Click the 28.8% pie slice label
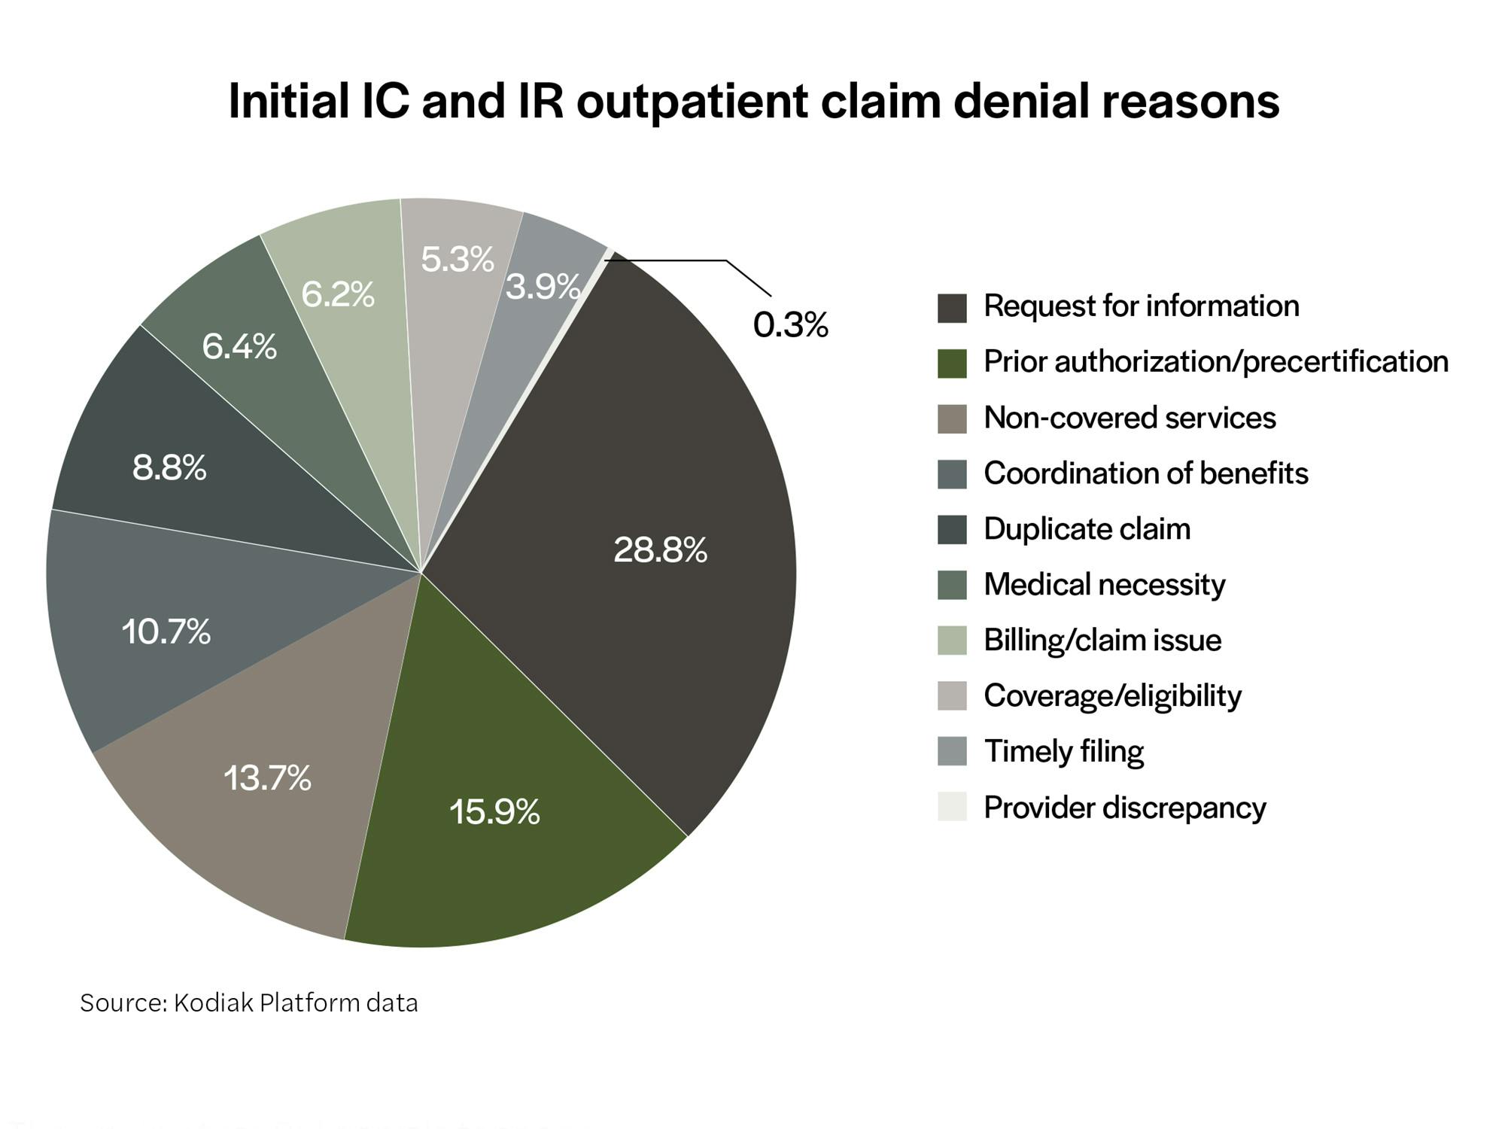660,550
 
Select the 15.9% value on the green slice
494,812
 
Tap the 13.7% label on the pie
267,778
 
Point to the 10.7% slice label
166,631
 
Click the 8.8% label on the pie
169,468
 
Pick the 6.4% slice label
239,347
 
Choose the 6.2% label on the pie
338,294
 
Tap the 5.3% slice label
458,260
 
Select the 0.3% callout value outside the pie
790,325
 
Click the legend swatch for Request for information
952,308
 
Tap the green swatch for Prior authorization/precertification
952,364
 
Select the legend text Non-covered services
1130,418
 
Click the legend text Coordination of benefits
1145,473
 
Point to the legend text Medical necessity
1104,585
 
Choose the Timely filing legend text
1063,752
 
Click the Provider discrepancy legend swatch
952,807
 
